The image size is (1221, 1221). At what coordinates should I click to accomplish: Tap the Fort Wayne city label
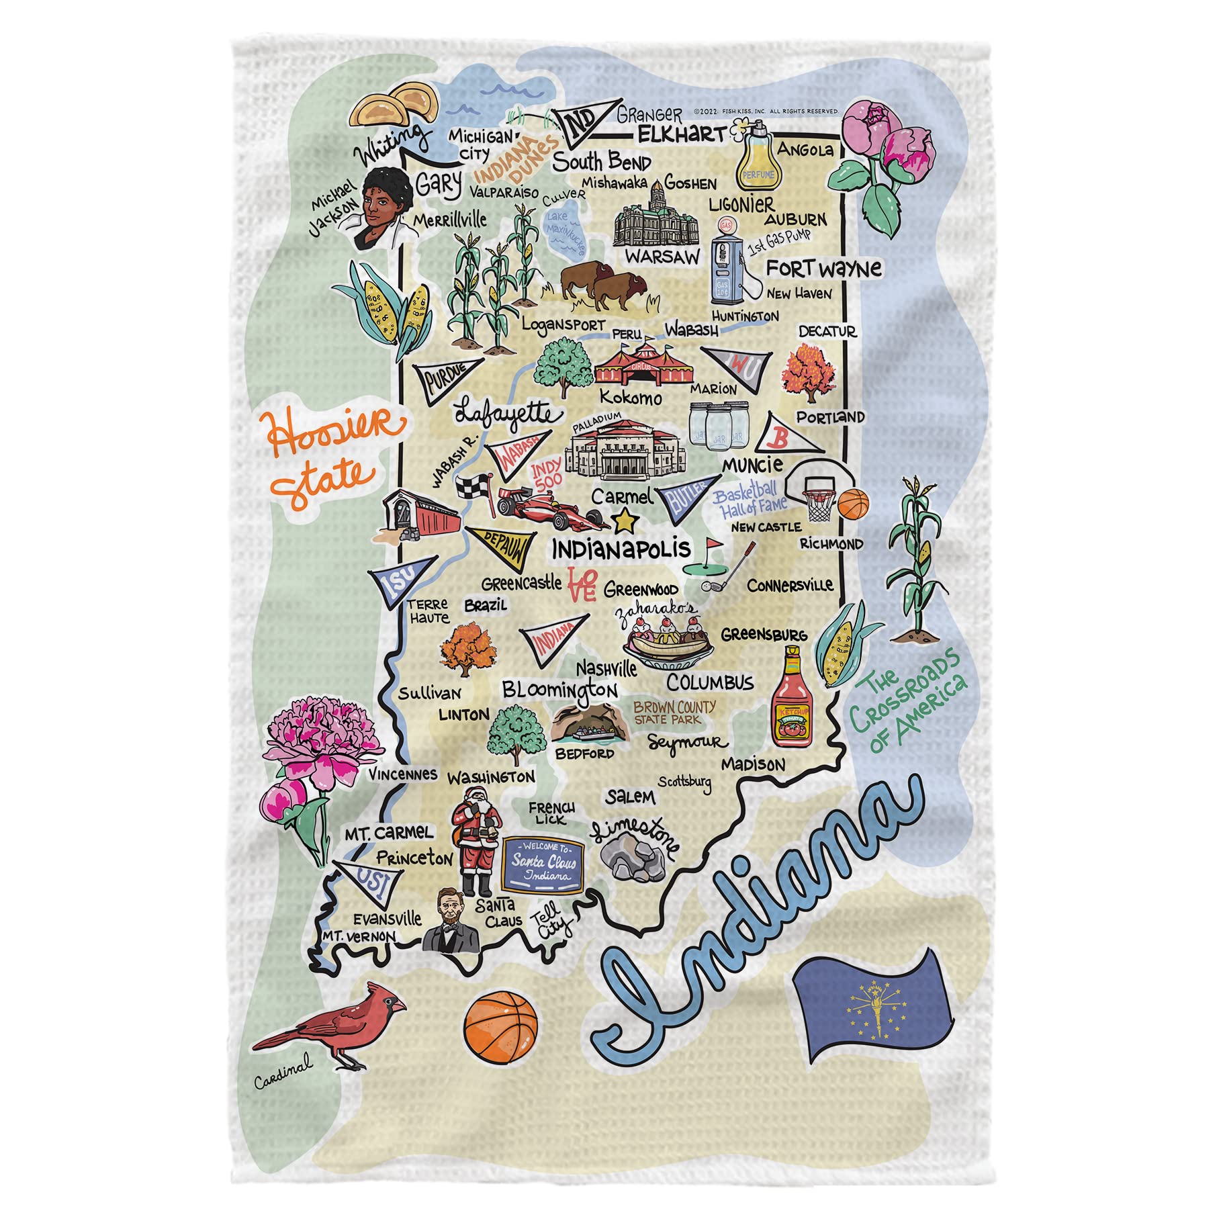pyautogui.click(x=823, y=269)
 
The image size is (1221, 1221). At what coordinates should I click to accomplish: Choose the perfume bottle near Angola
pyautogui.click(x=757, y=158)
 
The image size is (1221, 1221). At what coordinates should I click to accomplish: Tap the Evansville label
pyautogui.click(x=388, y=917)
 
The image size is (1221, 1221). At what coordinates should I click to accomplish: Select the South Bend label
pyautogui.click(x=602, y=162)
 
